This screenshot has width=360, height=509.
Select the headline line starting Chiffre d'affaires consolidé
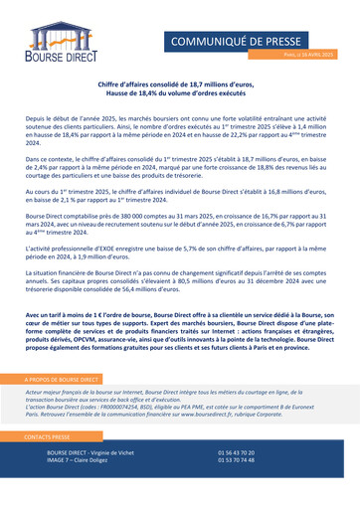coord(179,87)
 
